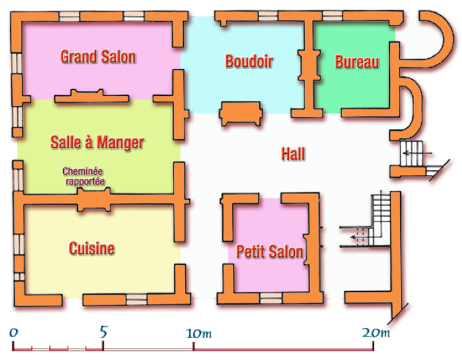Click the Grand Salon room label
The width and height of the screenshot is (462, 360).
[98, 57]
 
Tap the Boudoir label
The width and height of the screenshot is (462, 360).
[249, 61]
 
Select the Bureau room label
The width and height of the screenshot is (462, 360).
[357, 62]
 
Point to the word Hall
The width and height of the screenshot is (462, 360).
[293, 154]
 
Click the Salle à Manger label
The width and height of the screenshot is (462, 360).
[97, 142]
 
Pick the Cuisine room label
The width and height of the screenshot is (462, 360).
[92, 248]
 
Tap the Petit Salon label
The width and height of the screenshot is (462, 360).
[269, 251]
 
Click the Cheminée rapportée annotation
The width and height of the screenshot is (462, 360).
[84, 176]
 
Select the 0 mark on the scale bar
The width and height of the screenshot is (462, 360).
[13, 333]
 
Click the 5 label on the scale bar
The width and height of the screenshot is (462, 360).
[103, 332]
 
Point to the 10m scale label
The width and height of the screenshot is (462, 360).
[198, 333]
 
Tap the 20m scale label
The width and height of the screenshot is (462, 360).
[376, 333]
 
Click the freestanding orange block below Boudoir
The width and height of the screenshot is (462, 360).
[241, 114]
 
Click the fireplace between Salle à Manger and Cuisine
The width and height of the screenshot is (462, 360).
[94, 200]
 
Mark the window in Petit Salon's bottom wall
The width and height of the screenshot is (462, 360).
[271, 298]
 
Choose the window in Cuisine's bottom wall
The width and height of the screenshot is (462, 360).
[137, 299]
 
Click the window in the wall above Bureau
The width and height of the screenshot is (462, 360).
[332, 16]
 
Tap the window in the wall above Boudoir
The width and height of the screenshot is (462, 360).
[268, 16]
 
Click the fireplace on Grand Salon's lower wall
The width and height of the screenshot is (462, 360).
[92, 96]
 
